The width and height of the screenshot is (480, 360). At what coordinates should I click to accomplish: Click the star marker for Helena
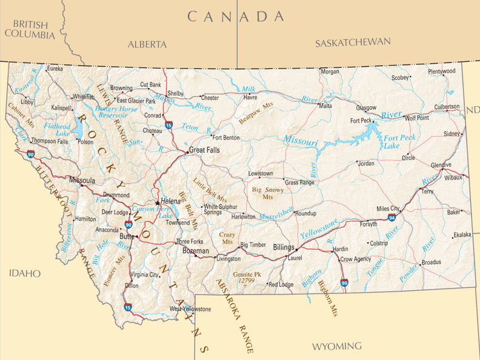[x=158, y=202]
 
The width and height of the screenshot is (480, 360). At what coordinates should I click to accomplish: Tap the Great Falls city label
[x=204, y=150]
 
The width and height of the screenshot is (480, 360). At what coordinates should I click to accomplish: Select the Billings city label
[x=283, y=248]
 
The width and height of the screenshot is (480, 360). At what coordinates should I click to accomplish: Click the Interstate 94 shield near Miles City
[x=392, y=216]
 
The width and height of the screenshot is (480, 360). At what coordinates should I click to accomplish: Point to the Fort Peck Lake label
[x=392, y=142]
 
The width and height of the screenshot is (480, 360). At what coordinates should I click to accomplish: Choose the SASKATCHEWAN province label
[x=353, y=42]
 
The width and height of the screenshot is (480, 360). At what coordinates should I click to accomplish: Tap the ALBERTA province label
[x=147, y=44]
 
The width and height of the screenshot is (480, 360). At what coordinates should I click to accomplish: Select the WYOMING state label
[x=336, y=347]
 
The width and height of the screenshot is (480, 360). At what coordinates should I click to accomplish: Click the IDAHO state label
[x=24, y=274]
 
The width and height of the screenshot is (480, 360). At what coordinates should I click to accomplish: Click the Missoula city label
[x=82, y=181]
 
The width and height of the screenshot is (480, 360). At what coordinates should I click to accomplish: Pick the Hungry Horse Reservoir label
[x=116, y=112]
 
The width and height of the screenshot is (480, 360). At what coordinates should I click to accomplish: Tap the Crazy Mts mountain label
[x=227, y=238]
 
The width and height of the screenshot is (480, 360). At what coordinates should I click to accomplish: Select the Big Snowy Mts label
[x=267, y=193]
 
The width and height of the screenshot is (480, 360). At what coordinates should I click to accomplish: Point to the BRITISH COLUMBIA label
[x=29, y=29]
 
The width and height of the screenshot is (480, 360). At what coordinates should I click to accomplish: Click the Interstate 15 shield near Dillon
[x=128, y=307]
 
